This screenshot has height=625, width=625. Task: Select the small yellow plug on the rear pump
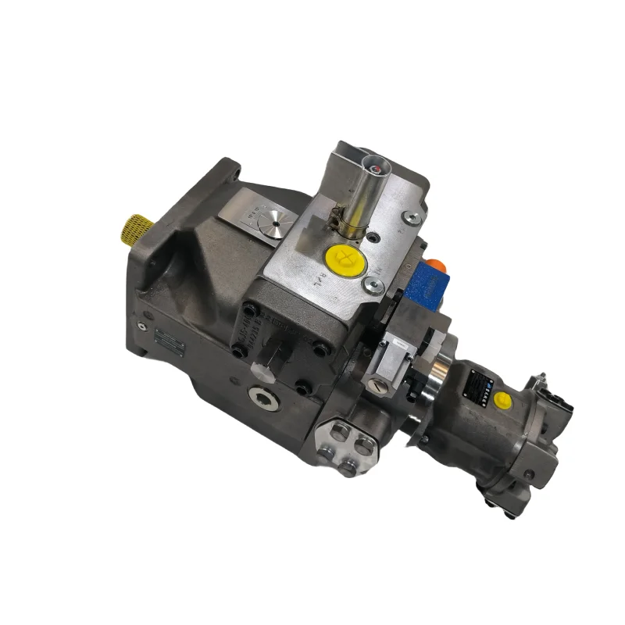click(504, 400)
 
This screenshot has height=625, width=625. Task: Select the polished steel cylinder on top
click(365, 192)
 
